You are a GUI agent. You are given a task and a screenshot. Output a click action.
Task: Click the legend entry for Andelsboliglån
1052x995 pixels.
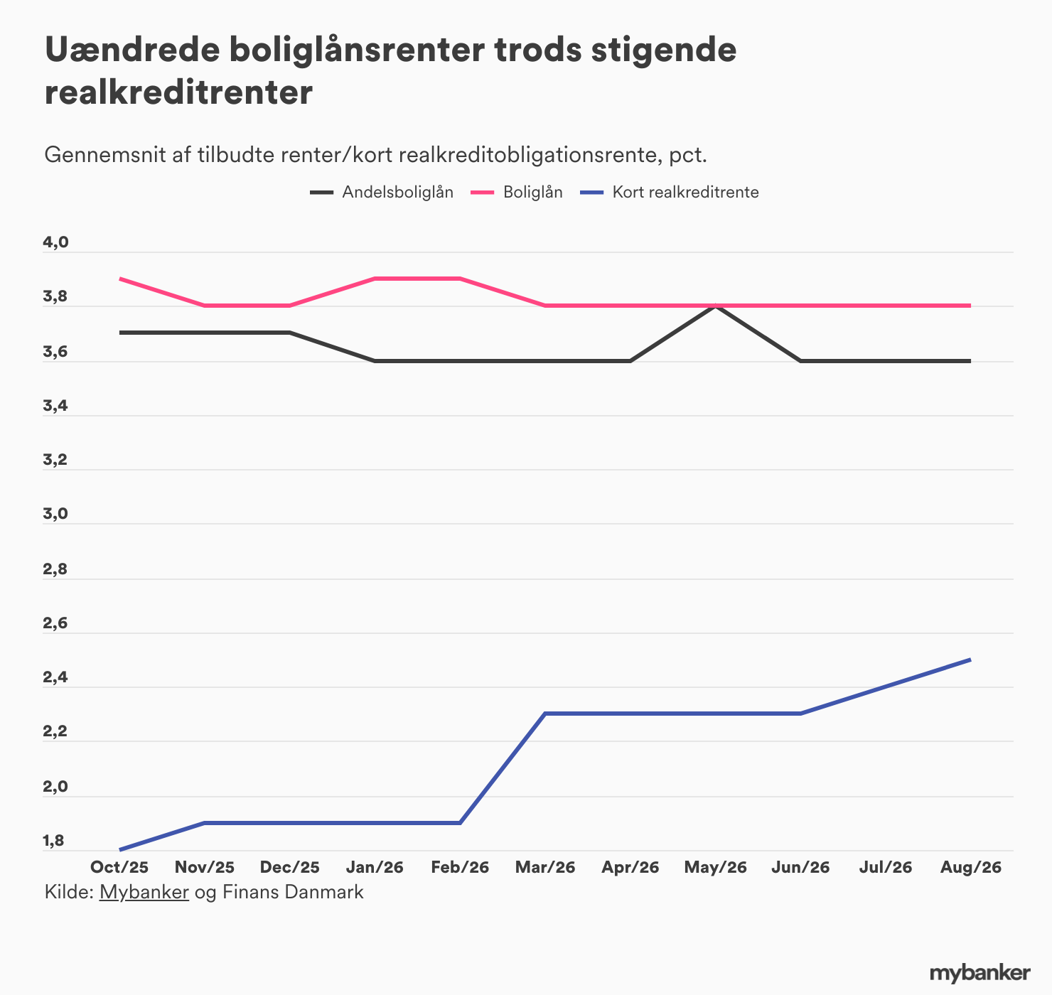[382, 192]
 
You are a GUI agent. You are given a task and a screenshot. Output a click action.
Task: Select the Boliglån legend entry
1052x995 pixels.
[517, 192]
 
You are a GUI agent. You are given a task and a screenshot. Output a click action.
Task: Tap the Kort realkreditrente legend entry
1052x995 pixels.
[670, 192]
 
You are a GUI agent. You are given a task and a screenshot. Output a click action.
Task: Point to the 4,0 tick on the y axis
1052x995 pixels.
[55, 242]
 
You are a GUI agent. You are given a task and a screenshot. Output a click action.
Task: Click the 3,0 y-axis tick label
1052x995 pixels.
[55, 514]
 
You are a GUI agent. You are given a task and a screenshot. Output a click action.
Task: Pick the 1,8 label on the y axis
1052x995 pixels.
[53, 840]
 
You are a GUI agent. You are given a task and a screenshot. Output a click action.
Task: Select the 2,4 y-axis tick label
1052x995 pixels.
[55, 677]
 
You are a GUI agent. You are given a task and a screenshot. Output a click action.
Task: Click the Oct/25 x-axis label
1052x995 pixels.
[119, 866]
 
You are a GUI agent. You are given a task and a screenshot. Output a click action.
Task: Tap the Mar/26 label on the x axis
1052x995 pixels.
[545, 866]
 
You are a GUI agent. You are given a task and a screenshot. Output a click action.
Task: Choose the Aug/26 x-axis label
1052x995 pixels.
[971, 867]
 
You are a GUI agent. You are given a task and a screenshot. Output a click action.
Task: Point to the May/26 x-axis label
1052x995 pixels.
[715, 867]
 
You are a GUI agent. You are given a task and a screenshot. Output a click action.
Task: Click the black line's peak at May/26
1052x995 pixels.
[715, 306]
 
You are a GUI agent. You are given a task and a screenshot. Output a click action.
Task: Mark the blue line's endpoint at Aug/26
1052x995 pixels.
[970, 660]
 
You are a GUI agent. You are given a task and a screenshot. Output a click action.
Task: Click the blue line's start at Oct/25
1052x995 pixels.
[120, 849]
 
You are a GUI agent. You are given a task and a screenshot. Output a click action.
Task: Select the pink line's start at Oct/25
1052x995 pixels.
[120, 279]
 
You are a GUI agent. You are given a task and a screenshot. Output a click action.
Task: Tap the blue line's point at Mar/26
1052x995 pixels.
[545, 714]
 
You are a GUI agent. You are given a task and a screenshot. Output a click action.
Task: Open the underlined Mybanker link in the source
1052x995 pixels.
[144, 892]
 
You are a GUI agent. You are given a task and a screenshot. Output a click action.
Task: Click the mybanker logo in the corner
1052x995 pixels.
[979, 973]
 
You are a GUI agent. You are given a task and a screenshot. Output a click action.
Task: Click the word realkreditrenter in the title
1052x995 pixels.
[178, 92]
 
